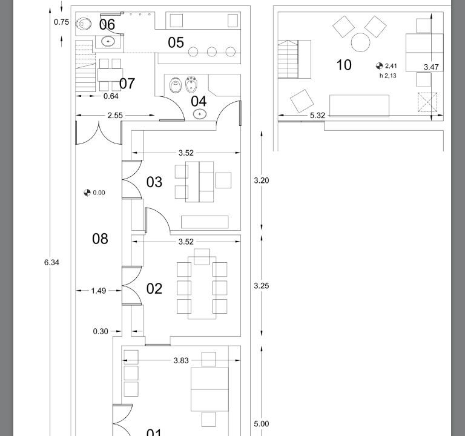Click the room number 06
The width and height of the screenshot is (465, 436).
(107, 24)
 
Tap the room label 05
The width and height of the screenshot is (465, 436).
(176, 42)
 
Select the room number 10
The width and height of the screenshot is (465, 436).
(344, 65)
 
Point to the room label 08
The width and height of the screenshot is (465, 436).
(100, 239)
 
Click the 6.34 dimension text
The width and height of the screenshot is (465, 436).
(51, 262)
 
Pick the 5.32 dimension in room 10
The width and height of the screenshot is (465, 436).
(318, 116)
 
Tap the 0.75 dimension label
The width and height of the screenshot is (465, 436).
(61, 22)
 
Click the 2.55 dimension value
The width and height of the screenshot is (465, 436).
(115, 116)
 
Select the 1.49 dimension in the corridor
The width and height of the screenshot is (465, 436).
(99, 291)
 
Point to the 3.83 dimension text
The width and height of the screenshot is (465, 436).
(181, 360)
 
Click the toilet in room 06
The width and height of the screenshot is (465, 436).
(84, 24)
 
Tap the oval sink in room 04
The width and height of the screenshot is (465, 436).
(200, 114)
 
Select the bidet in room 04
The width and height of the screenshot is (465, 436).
(191, 85)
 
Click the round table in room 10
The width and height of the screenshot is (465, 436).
(361, 42)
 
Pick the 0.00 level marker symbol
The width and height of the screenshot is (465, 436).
(87, 193)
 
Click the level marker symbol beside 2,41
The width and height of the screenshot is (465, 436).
(379, 66)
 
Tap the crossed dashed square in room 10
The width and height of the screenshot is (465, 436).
(427, 102)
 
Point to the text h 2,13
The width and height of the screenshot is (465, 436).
(388, 76)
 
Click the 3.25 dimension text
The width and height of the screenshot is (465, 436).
(262, 286)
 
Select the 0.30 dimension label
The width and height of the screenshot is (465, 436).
(101, 331)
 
